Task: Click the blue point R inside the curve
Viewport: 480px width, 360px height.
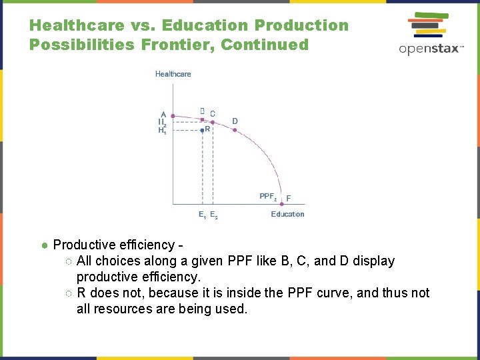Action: (x=202, y=131)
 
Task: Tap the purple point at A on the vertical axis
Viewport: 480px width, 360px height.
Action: (x=173, y=116)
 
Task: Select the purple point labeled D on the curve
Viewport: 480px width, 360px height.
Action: (x=234, y=130)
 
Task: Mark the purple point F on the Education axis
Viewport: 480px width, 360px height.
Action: (x=281, y=204)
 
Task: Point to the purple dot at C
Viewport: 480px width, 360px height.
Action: (x=212, y=121)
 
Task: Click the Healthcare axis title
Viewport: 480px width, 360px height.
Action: (x=173, y=74)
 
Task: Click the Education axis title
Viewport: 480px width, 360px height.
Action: (x=287, y=214)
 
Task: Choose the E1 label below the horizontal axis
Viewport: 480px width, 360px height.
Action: (x=201, y=215)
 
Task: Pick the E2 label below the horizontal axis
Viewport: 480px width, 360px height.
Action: (x=213, y=215)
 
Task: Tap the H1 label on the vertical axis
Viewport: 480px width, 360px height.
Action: (x=162, y=131)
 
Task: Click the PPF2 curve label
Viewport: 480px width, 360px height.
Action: (x=267, y=197)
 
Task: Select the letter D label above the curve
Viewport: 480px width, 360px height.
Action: (x=235, y=121)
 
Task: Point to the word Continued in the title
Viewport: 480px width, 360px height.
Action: (x=265, y=45)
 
